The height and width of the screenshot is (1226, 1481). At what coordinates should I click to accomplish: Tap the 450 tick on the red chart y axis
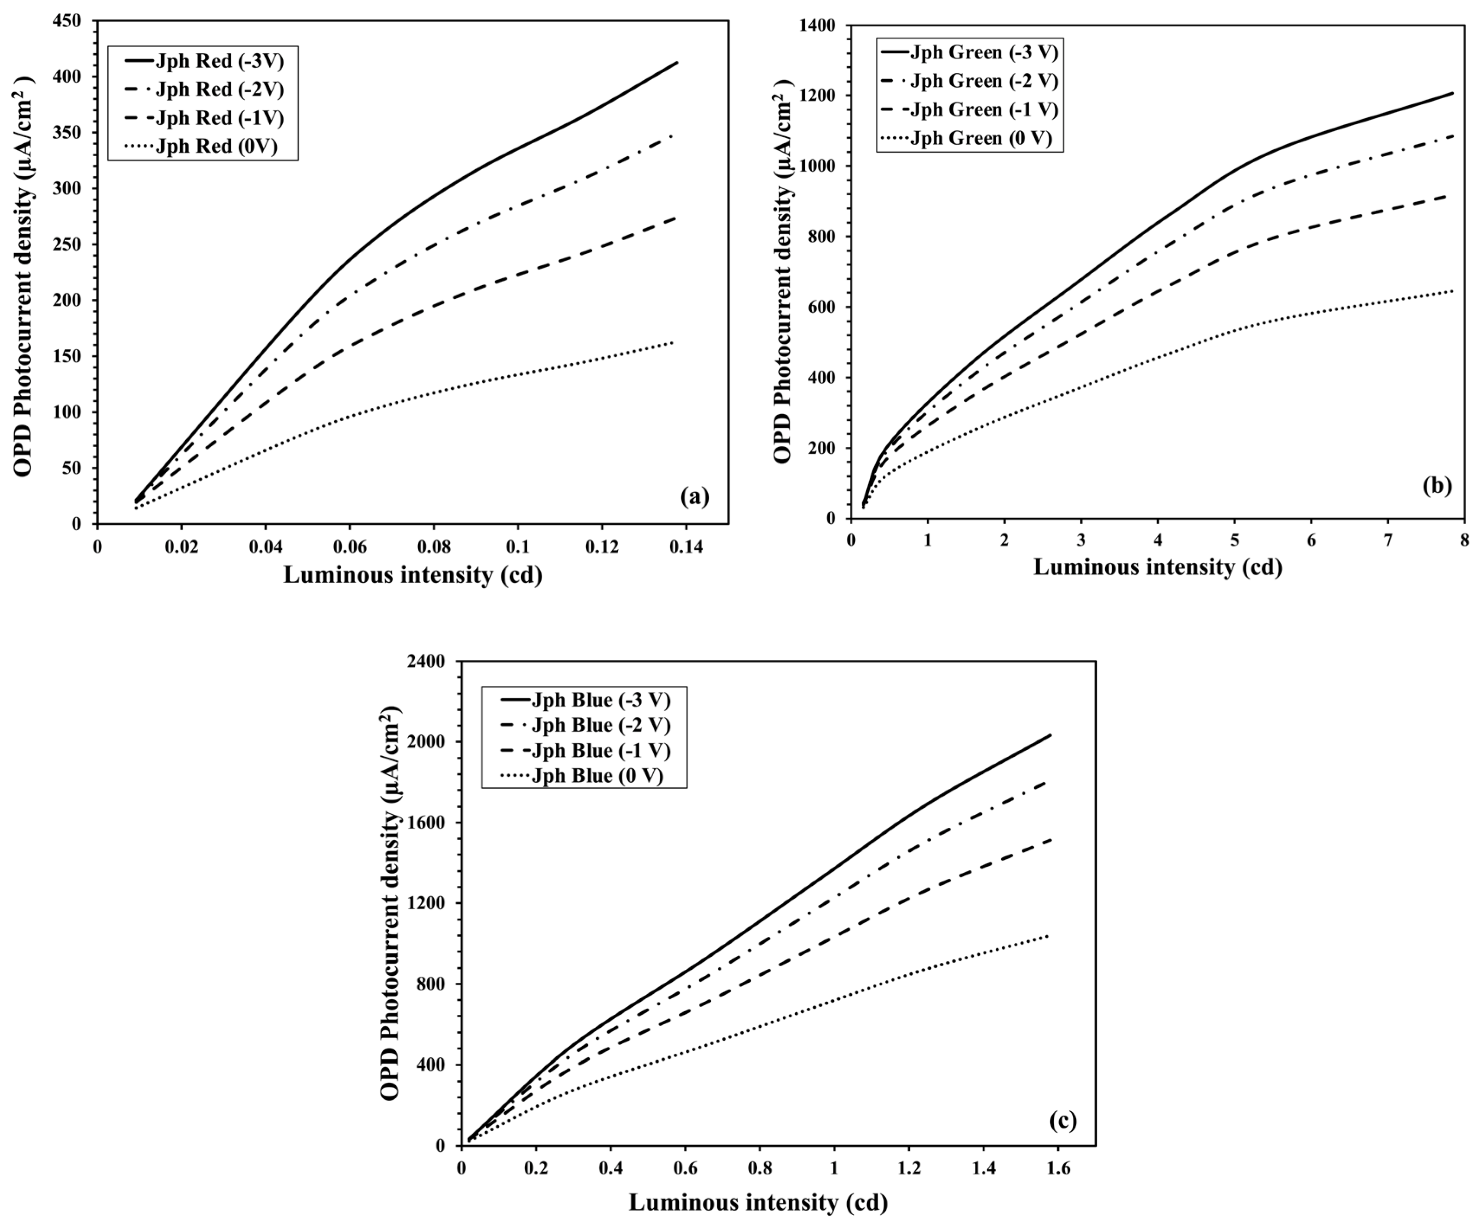point(68,21)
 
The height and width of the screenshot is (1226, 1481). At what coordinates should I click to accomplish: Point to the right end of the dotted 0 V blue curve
point(1049,936)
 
